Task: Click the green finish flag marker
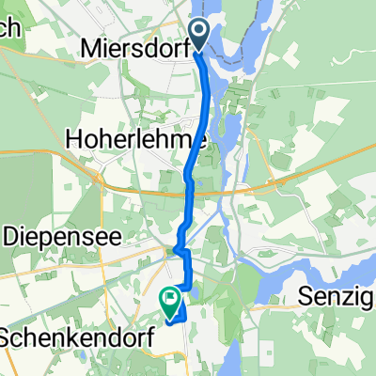pyautogui.click(x=171, y=302)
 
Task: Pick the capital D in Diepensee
pyautogui.click(x=12, y=237)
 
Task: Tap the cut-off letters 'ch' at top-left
pyautogui.click(x=11, y=28)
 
